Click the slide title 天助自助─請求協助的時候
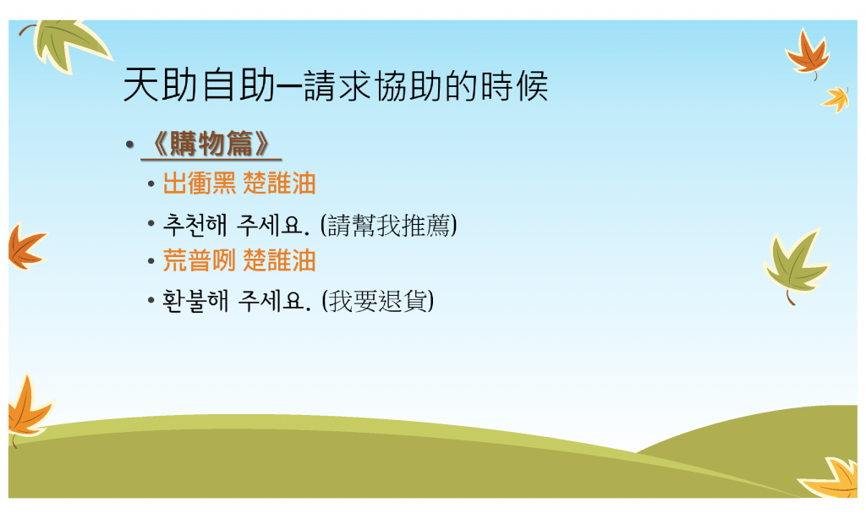(335, 85)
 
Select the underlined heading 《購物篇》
(211, 144)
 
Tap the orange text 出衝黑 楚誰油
(239, 183)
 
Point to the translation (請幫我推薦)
(389, 226)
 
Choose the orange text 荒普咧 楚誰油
(239, 260)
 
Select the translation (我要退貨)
(378, 301)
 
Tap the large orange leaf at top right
(808, 53)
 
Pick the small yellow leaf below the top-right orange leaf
(836, 100)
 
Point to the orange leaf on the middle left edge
(26, 247)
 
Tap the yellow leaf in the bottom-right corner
(832, 478)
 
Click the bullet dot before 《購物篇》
(129, 145)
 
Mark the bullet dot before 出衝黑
(151, 184)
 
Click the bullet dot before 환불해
(151, 302)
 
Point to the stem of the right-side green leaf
(791, 298)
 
